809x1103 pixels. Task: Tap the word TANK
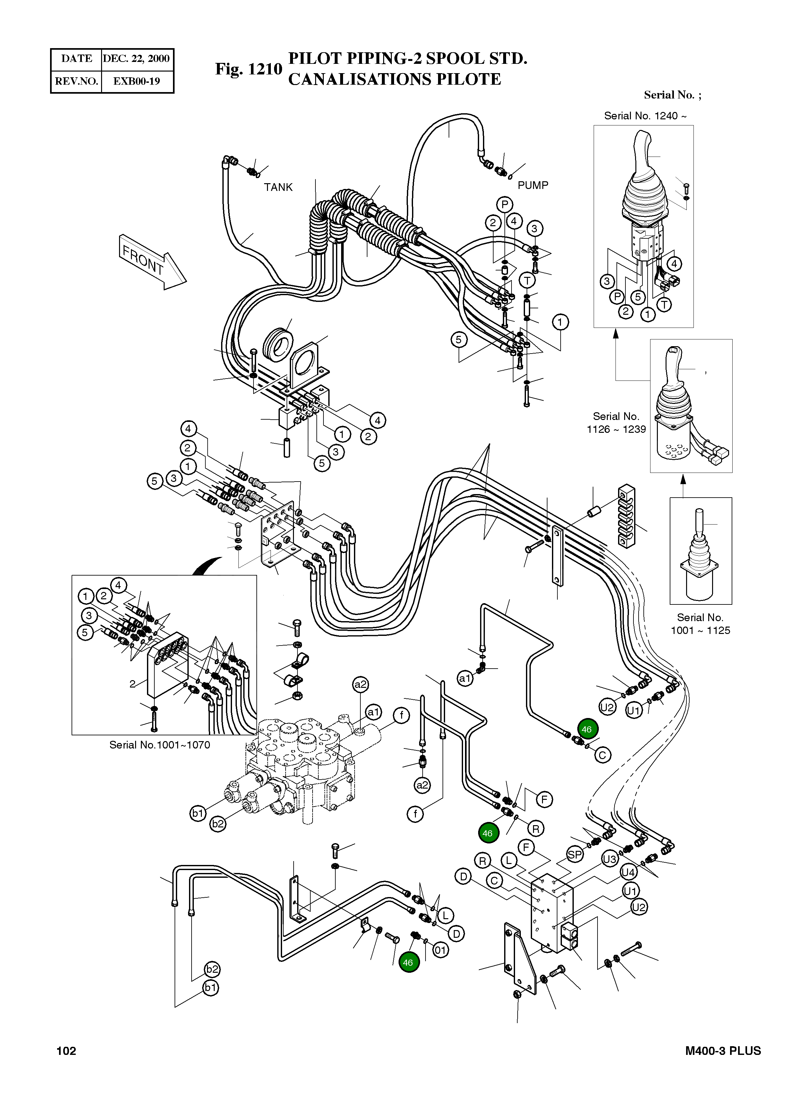[278, 187]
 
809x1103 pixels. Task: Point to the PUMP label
[533, 185]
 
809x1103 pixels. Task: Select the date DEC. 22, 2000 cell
[136, 59]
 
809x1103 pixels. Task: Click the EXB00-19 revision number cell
[137, 81]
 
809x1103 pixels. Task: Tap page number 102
[67, 1051]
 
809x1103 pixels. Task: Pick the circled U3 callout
[610, 859]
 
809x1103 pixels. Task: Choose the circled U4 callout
[628, 872]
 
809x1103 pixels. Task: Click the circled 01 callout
[441, 950]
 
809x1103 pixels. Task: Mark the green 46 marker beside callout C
[587, 729]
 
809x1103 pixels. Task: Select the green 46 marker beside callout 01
[409, 962]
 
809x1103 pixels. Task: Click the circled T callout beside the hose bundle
[527, 280]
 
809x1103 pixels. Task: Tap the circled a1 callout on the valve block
[373, 712]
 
